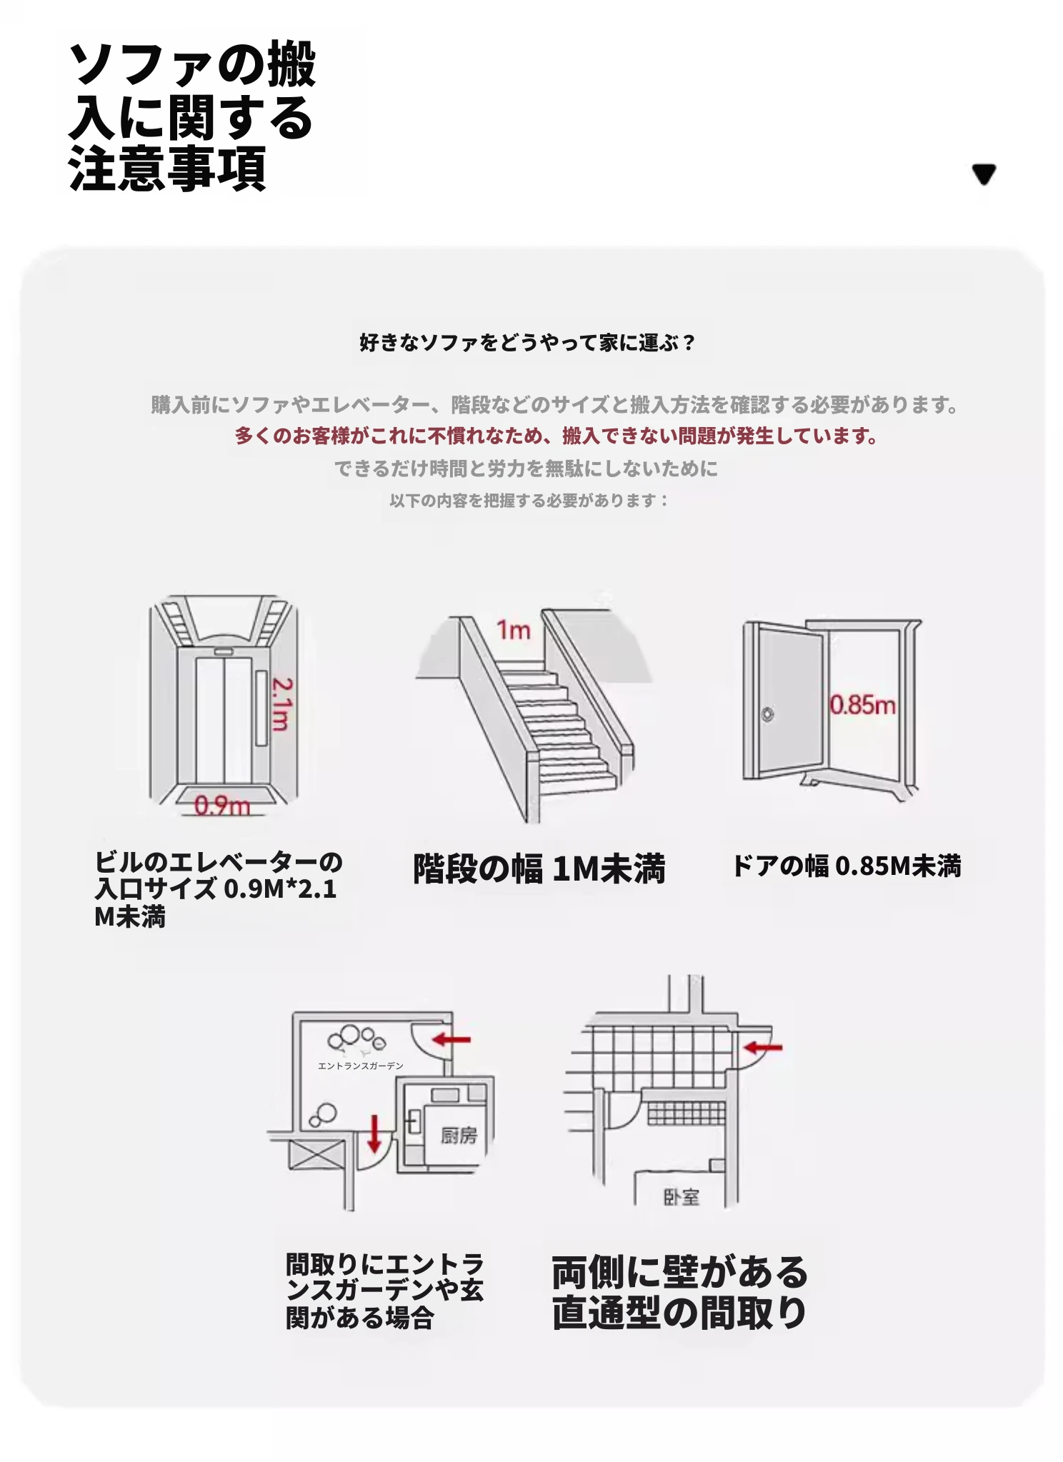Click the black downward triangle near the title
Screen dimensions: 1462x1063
(x=984, y=174)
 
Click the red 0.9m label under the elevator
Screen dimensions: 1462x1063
(x=222, y=806)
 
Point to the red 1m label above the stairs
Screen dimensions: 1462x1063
(x=514, y=630)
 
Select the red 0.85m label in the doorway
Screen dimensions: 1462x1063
(x=862, y=705)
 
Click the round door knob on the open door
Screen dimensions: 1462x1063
(x=767, y=714)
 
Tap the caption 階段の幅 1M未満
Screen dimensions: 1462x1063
(x=539, y=869)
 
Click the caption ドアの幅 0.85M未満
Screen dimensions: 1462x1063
(x=847, y=866)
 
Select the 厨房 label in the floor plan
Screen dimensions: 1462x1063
(x=458, y=1135)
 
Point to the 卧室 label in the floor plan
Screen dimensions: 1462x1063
(x=681, y=1197)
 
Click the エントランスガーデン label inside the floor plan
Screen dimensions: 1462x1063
(x=361, y=1066)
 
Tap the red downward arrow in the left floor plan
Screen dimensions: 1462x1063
(x=374, y=1134)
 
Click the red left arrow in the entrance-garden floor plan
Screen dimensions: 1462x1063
(x=452, y=1039)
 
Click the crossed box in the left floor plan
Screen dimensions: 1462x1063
(x=316, y=1155)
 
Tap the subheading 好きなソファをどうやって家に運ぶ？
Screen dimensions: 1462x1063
(x=527, y=343)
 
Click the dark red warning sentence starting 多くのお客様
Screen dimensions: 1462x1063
(x=556, y=436)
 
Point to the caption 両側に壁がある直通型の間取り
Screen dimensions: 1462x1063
(x=679, y=1292)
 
